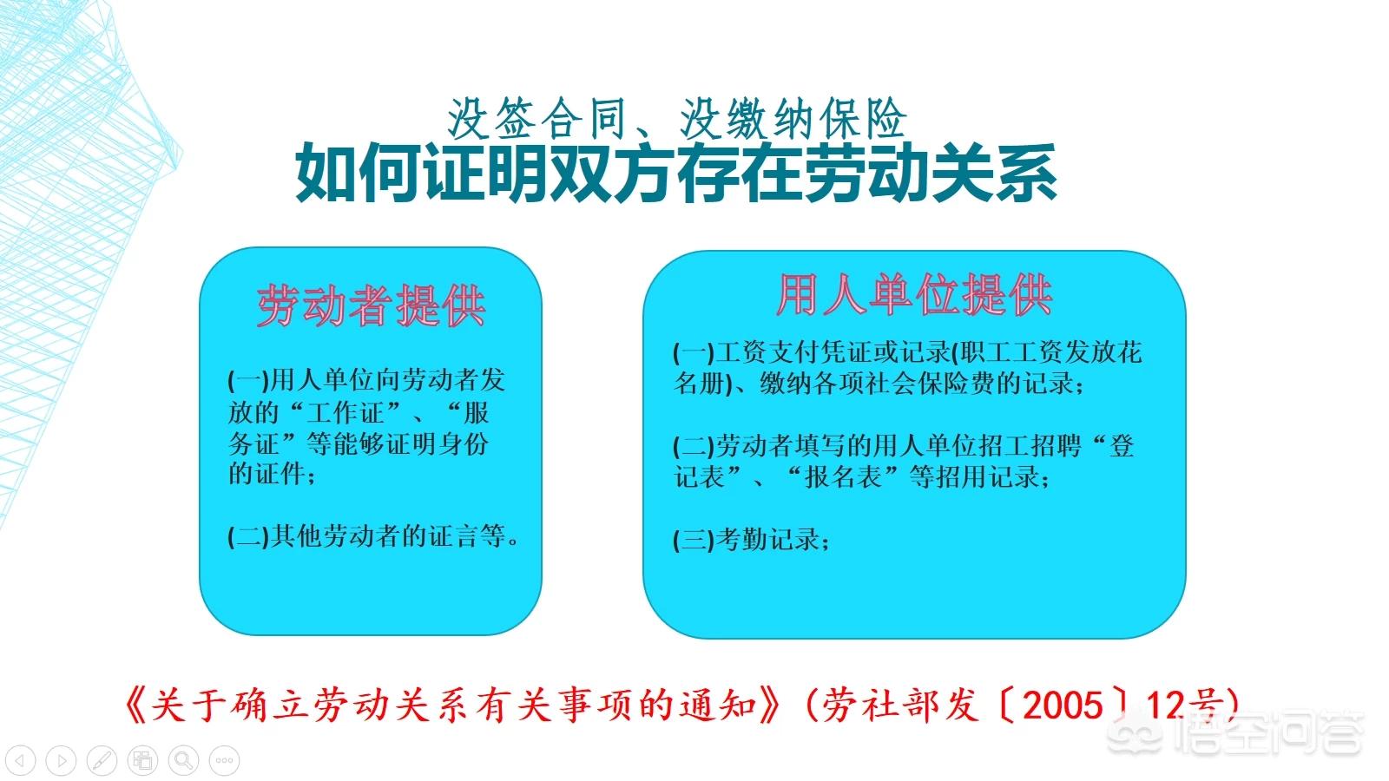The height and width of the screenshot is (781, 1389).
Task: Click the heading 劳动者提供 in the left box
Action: (371, 305)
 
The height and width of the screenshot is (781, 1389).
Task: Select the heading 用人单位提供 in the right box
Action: (914, 295)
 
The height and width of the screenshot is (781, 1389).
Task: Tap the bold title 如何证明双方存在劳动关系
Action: (675, 174)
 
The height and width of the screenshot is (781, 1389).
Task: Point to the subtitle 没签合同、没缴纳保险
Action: (677, 119)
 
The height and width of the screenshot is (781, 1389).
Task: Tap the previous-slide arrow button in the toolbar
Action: (20, 761)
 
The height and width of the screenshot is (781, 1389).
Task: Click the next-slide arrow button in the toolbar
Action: (61, 761)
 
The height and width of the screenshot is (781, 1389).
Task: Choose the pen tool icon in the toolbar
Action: (102, 761)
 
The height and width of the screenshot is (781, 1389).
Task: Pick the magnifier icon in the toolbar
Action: (183, 761)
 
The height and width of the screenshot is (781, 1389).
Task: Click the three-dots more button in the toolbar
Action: (224, 761)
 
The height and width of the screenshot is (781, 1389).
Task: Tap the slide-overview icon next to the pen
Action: (142, 761)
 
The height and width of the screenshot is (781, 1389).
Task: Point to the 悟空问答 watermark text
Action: (1267, 736)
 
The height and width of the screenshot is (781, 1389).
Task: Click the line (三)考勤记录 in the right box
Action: (752, 540)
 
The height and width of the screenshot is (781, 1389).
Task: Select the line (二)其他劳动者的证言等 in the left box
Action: (374, 536)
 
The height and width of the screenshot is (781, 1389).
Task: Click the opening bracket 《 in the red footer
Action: (135, 706)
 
